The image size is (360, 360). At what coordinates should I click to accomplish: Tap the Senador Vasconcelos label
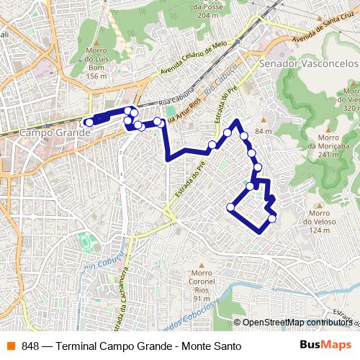tap(308, 63)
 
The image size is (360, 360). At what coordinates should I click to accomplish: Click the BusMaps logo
tap(325, 346)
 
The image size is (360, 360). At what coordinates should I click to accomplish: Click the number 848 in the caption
tap(30, 346)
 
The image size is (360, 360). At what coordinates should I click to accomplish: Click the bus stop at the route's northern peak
tap(237, 122)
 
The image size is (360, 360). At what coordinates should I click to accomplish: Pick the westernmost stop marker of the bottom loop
tap(231, 207)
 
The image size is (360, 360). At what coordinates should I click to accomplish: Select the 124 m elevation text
tap(320, 230)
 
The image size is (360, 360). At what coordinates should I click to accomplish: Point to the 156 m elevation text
tap(96, 76)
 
